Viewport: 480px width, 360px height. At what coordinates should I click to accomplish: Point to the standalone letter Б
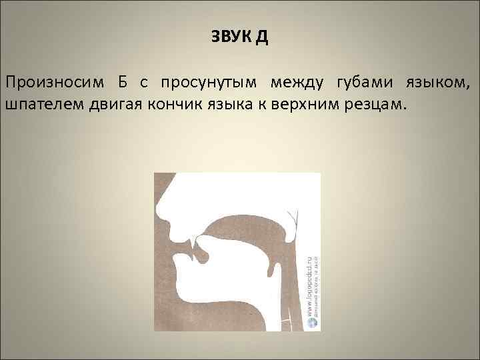pos(123,82)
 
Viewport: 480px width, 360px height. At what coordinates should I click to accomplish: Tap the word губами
pos(362,83)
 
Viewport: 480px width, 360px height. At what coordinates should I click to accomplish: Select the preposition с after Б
pos(144,83)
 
